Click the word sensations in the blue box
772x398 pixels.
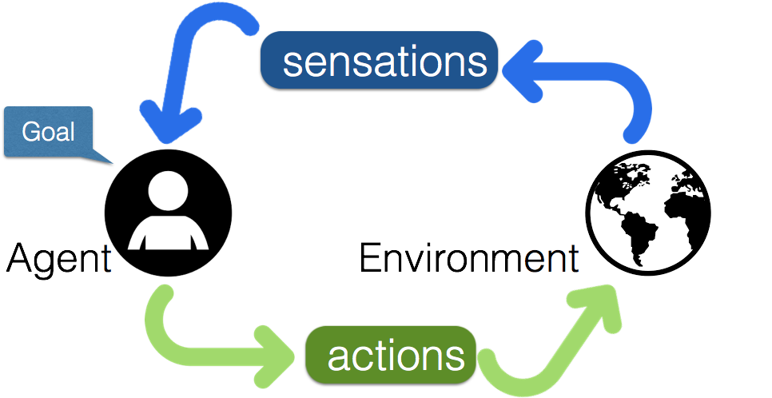(x=384, y=62)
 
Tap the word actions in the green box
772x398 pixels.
(x=396, y=356)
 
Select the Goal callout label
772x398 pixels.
(x=48, y=131)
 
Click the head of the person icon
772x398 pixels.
(x=169, y=191)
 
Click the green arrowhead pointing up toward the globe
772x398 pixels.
(x=599, y=308)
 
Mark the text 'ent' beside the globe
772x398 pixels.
(x=551, y=261)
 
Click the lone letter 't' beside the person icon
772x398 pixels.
(x=107, y=262)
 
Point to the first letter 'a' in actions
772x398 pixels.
(x=340, y=357)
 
